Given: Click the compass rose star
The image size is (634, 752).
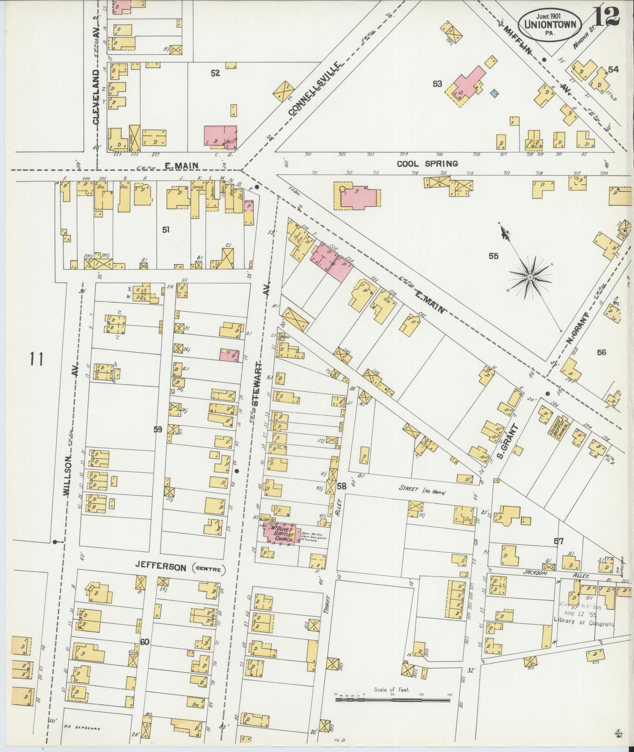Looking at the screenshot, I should (x=530, y=277).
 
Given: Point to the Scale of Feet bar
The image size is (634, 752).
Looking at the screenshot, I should (x=392, y=700).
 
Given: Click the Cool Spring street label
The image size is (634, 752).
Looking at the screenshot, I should (x=427, y=164).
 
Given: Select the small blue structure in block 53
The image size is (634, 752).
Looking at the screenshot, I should (x=494, y=93).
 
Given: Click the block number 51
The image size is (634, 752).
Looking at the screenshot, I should (x=165, y=229).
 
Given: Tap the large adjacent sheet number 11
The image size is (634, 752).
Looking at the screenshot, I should (x=36, y=360).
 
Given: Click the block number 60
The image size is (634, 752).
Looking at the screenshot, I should (x=145, y=642).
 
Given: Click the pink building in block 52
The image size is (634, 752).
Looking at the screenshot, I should (x=220, y=135).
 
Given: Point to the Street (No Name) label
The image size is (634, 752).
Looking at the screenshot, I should (x=422, y=491).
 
